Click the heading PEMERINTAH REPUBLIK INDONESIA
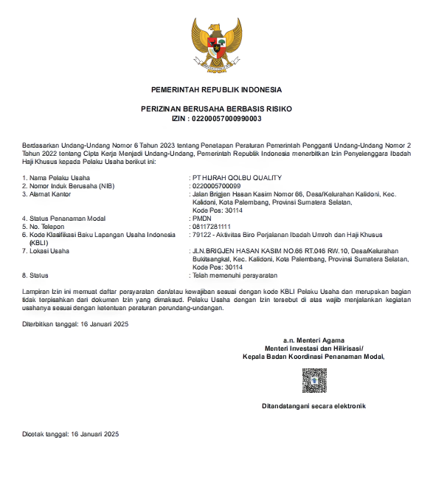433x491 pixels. pos(216,89)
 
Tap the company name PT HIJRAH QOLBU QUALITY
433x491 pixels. pos(236,178)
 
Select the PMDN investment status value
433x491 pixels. pos(201,218)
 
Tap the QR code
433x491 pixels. pos(314,381)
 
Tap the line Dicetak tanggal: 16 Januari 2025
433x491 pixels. pos(67,434)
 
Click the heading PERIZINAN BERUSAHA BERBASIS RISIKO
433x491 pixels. pos(216,109)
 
